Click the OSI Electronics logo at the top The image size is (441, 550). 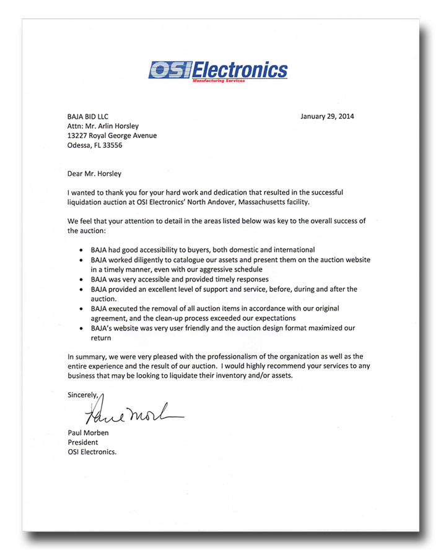click(x=218, y=70)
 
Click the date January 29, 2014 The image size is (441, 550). click(x=327, y=116)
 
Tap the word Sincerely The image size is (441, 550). click(x=83, y=394)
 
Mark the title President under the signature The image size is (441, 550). click(x=83, y=442)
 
